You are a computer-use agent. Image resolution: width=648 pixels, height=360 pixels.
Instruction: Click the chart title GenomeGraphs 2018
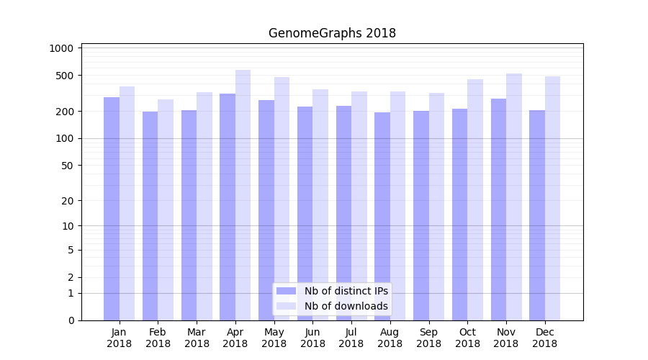[332, 33]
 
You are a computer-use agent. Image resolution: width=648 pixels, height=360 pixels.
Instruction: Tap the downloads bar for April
[243, 194]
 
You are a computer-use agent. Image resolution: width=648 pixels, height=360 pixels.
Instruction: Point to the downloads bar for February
[166, 210]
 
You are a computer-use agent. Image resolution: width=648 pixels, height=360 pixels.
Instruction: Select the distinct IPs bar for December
[537, 215]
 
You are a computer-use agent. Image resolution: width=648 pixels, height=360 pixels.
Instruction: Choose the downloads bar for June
[320, 204]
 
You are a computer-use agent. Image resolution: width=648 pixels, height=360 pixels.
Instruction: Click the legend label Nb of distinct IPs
[346, 291]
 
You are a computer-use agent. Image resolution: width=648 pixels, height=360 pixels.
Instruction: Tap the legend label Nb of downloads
[346, 306]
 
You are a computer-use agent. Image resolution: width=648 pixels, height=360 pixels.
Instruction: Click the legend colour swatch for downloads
[287, 306]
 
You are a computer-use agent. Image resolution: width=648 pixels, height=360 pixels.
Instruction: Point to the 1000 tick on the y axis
[62, 48]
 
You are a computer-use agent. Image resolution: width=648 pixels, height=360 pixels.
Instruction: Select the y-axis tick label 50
[68, 166]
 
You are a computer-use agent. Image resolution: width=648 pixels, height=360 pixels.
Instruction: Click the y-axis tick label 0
[71, 320]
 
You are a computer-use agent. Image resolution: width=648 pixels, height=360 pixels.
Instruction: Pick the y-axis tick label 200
[65, 112]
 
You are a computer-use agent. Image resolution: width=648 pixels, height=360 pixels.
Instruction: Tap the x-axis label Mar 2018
[197, 338]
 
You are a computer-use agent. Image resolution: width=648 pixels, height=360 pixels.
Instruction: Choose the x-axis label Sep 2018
[428, 338]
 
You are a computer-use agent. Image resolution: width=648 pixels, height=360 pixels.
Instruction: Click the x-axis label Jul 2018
[351, 338]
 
